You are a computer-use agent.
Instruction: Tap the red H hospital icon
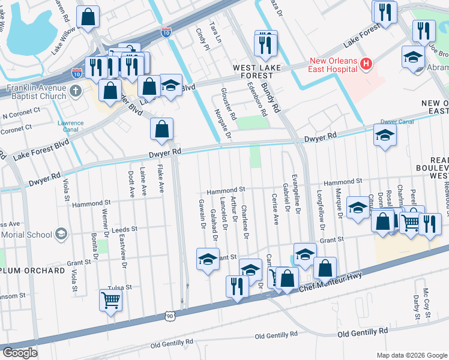[366, 62]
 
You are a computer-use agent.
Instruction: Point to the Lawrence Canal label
[70, 127]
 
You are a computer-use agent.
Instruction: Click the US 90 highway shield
[171, 316]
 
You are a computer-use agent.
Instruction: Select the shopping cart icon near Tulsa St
[111, 299]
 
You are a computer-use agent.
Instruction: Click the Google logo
[20, 353]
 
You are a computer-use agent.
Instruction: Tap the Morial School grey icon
[61, 233]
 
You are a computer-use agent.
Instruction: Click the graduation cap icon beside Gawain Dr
[208, 259]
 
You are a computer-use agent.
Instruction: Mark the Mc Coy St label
[426, 299]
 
